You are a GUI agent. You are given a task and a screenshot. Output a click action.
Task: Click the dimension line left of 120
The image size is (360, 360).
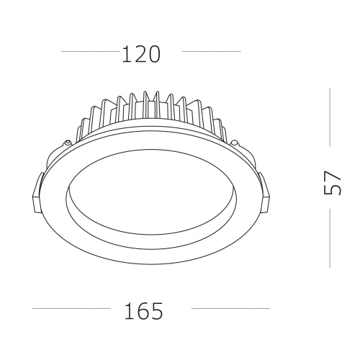tap(90, 52)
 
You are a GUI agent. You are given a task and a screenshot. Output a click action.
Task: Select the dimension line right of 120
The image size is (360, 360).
tap(212, 52)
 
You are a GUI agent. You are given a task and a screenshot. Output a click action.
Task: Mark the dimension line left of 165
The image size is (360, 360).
tap(71, 309)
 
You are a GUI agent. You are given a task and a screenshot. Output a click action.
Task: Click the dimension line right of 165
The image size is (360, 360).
tap(230, 309)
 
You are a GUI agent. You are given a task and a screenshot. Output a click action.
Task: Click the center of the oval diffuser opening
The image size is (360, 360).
tap(150, 194)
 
